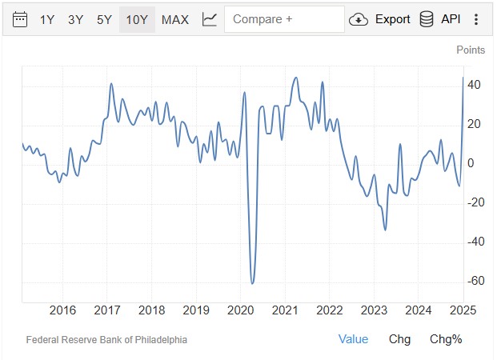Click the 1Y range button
point(48,19)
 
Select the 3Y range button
point(75,19)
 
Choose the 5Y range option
point(104,19)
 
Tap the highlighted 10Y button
point(137,19)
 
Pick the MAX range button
point(175,19)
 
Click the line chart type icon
point(210,19)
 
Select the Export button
point(381,19)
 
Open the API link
point(440,19)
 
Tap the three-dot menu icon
point(477,19)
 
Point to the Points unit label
point(471,50)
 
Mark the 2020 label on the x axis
point(241,310)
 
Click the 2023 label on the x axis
point(375,310)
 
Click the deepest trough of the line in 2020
point(252,283)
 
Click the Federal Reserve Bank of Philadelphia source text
point(106,339)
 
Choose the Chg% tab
point(446,339)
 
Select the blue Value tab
point(353,339)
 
